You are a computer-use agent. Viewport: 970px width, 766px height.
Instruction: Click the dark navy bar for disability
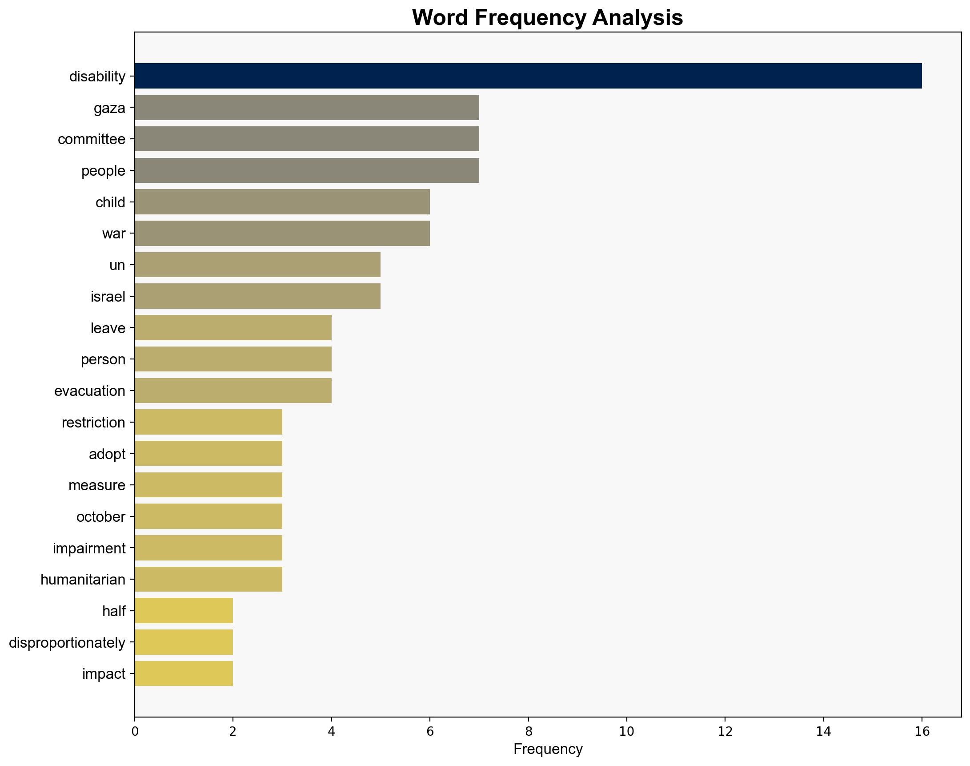point(528,76)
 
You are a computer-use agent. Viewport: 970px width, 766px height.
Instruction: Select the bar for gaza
point(307,108)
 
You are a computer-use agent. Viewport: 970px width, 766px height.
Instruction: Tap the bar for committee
point(307,139)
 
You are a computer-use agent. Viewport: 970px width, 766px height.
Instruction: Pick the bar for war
point(282,233)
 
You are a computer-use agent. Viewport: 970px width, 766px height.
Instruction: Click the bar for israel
point(257,296)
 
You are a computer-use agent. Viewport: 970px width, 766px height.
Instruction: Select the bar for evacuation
point(232,391)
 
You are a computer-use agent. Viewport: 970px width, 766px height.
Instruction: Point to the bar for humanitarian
point(208,580)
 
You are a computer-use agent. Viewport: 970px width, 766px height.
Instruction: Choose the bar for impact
point(183,673)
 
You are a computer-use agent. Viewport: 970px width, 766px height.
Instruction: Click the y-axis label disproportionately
point(67,643)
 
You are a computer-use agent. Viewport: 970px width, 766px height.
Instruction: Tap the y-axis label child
point(110,202)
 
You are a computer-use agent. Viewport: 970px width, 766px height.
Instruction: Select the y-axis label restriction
point(93,423)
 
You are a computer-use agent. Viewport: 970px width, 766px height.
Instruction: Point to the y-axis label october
point(101,517)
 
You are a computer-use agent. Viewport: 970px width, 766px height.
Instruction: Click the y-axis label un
point(117,265)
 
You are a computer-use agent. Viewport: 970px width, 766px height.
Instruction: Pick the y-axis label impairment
point(89,548)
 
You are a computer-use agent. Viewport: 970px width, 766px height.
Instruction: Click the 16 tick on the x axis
point(922,732)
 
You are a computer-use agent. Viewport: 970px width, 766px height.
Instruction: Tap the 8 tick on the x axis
point(528,732)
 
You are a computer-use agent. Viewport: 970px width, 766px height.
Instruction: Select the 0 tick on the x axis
point(134,732)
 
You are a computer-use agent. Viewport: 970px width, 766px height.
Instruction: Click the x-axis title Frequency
point(548,749)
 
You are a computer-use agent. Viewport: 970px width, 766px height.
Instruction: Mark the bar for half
point(183,611)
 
